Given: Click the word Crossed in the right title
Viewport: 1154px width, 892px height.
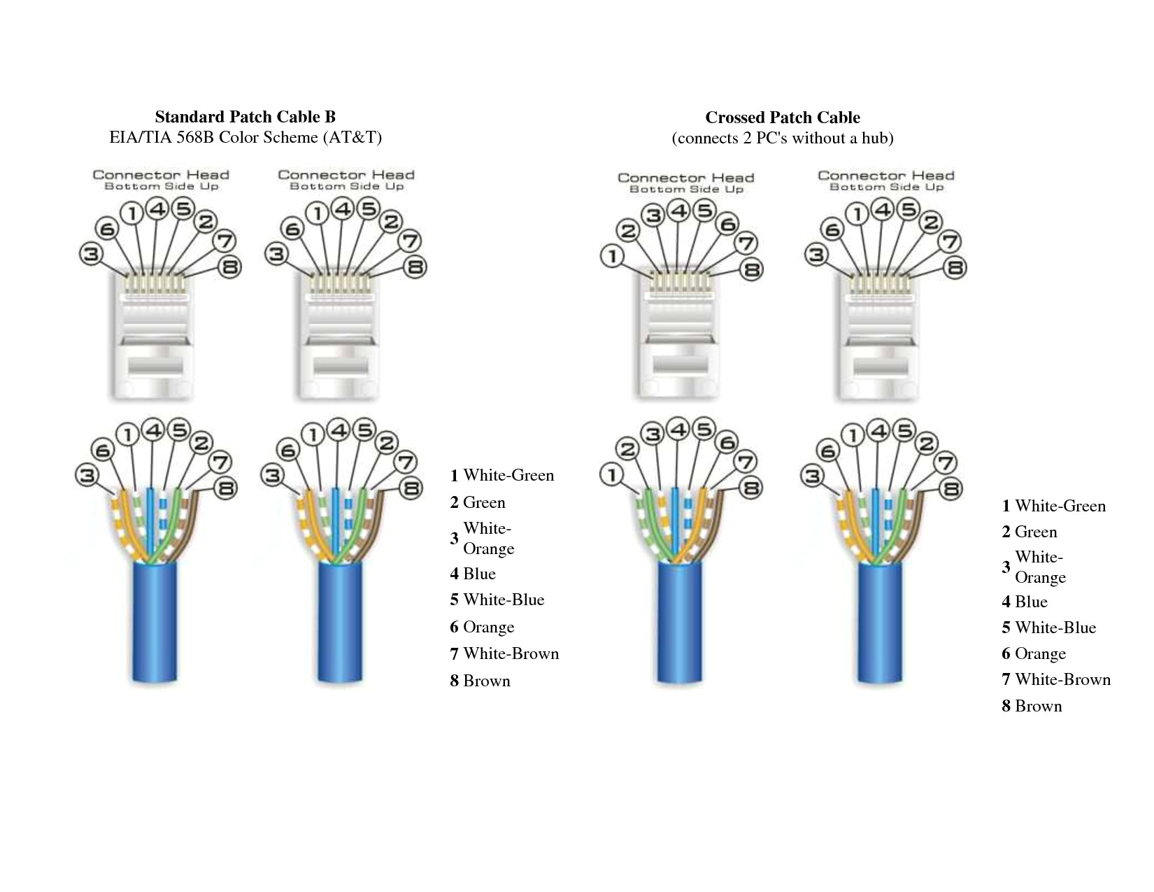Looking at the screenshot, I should [734, 118].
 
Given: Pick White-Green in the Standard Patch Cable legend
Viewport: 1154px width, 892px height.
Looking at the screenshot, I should [508, 476].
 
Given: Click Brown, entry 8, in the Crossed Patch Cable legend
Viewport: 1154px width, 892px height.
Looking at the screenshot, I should [1038, 706].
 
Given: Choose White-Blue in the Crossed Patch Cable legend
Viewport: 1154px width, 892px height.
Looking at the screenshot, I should [1055, 628].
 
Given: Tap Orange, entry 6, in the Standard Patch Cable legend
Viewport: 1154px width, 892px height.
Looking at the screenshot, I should [488, 627].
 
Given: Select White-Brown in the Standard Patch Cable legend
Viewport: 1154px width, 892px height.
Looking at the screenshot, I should [511, 653].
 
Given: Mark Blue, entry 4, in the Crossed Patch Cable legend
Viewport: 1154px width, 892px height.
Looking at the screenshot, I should [1031, 602].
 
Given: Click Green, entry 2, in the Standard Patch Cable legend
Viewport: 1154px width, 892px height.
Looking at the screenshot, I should [484, 502].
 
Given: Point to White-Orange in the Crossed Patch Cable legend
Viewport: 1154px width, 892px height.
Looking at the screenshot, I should [1040, 567].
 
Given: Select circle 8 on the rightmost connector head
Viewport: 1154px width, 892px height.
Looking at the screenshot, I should [954, 267].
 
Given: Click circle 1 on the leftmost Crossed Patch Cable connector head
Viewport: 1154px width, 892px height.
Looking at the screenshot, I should [613, 257].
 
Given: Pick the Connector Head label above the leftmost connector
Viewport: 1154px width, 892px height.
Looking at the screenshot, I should [161, 176].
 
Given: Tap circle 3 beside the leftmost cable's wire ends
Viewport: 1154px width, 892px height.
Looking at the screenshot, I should [86, 476].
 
